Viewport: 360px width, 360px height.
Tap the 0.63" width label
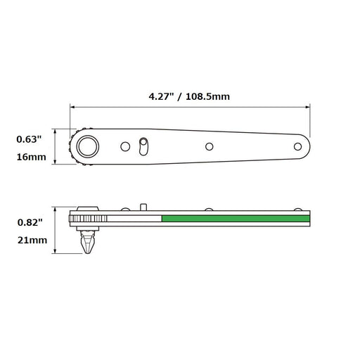click(x=30, y=139)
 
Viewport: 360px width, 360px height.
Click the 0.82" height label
click(x=30, y=222)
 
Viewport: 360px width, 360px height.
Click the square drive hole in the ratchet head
click(x=88, y=146)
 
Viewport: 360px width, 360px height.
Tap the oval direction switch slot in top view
click(x=143, y=146)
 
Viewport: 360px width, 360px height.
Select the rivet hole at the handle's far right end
click(x=297, y=146)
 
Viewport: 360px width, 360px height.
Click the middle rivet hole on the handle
click(x=209, y=146)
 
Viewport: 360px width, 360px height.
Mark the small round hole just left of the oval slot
click(x=125, y=146)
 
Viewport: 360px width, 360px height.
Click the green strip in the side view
click(x=236, y=219)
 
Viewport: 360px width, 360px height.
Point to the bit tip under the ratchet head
click(x=88, y=246)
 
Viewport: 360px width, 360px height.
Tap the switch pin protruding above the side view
click(x=143, y=207)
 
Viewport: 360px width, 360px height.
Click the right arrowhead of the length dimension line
click(x=307, y=108)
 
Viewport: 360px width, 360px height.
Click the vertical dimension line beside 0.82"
click(x=55, y=232)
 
